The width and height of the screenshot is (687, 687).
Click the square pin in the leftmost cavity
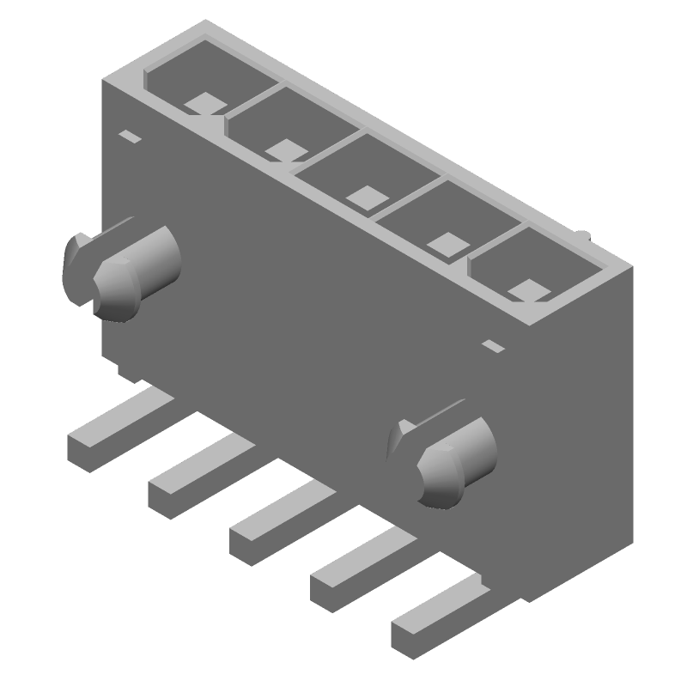(x=204, y=103)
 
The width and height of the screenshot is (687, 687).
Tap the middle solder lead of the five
(x=275, y=526)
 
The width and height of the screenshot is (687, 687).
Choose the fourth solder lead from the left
(x=356, y=571)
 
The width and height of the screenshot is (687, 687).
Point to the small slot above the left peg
(x=130, y=137)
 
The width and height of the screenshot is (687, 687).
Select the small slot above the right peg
(x=493, y=347)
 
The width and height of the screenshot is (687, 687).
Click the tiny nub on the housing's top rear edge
(x=583, y=234)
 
